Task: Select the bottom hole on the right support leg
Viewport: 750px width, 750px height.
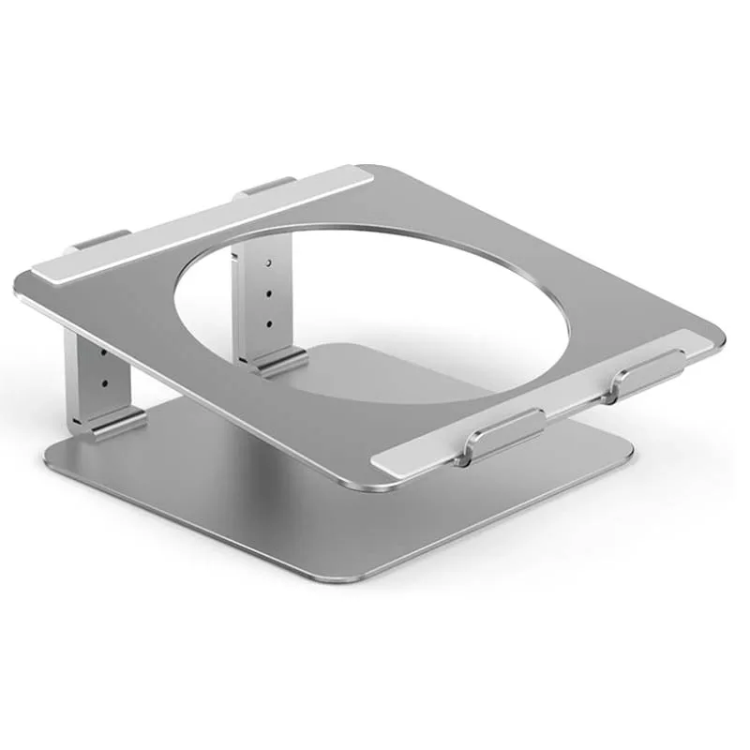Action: pyautogui.click(x=269, y=323)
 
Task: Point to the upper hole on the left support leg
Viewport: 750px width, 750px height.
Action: pyautogui.click(x=103, y=354)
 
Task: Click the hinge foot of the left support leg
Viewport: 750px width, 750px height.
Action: pyautogui.click(x=110, y=423)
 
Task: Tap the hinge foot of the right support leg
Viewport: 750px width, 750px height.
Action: pyautogui.click(x=278, y=361)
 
